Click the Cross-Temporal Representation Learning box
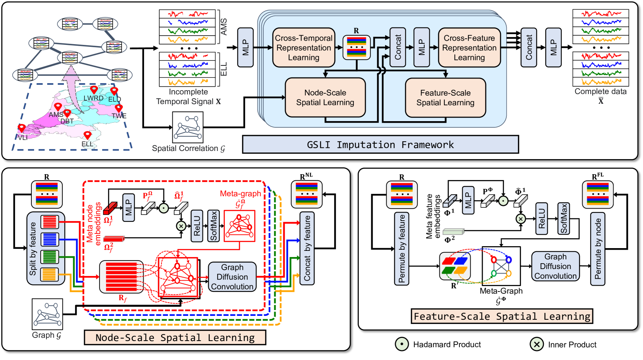(303, 48)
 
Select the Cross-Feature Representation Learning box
(469, 48)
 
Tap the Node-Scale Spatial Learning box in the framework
(325, 98)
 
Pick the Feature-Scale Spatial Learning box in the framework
(445, 98)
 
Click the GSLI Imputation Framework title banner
(380, 145)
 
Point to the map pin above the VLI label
(22, 127)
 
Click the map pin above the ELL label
(87, 135)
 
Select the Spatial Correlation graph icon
(188, 127)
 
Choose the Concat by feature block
(307, 249)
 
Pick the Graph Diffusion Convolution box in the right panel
(556, 266)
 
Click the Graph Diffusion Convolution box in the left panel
(232, 277)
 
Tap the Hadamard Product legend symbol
(402, 344)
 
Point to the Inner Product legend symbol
(537, 344)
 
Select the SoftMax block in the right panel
(564, 219)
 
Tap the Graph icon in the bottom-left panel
(47, 314)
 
